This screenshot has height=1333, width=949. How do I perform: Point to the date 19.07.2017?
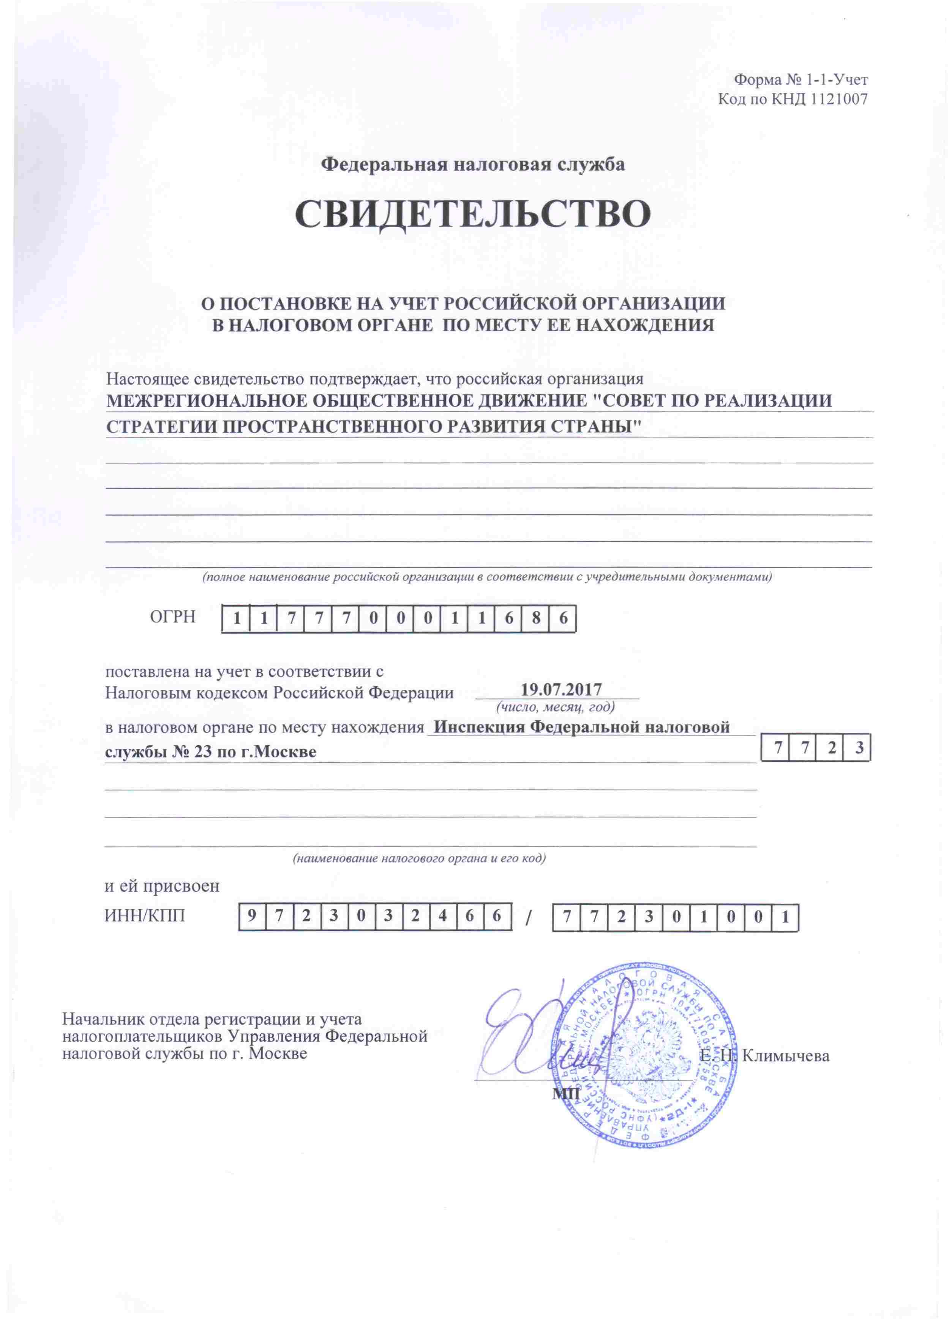[x=561, y=689]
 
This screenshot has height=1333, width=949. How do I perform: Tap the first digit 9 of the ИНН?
[x=252, y=916]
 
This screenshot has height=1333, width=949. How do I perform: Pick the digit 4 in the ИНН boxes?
[x=442, y=916]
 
